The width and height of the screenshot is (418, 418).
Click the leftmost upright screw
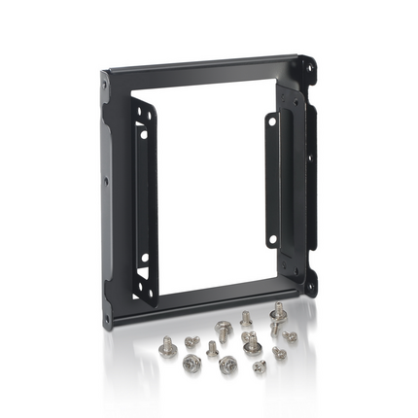click(x=166, y=343)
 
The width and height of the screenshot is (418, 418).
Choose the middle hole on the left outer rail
click(x=104, y=181)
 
